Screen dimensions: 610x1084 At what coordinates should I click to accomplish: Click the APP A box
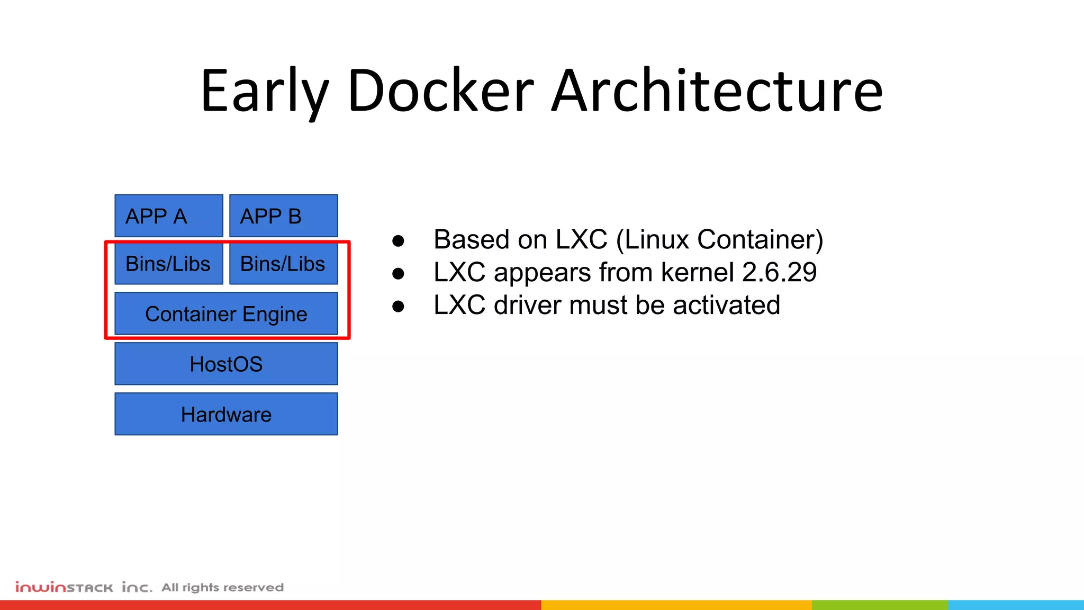click(168, 216)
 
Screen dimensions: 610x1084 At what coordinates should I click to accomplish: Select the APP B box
click(283, 216)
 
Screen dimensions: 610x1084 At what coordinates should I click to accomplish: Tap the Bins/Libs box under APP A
click(168, 264)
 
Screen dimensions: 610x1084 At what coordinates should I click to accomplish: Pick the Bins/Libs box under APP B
click(283, 264)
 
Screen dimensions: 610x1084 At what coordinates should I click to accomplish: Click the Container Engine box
click(226, 313)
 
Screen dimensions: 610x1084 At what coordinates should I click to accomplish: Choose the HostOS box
click(226, 364)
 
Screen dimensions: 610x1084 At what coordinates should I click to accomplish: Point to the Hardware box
click(226, 414)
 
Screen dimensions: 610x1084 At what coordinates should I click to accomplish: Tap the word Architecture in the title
click(717, 91)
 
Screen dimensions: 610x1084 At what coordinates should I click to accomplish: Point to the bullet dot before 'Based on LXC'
click(398, 241)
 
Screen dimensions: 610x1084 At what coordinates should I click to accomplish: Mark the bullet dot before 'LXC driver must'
click(398, 307)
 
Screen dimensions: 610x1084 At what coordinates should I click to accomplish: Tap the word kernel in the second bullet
click(697, 272)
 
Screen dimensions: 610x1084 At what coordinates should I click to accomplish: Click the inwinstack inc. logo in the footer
click(84, 587)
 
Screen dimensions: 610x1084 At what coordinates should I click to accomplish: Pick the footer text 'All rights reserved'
click(222, 587)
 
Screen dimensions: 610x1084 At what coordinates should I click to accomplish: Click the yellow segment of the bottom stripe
click(676, 605)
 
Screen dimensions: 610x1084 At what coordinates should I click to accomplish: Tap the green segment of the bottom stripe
click(879, 605)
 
